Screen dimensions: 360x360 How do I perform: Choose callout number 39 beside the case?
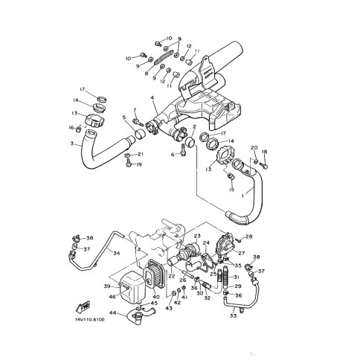pos(107,285)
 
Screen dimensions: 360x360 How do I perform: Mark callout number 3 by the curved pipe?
pos(73,143)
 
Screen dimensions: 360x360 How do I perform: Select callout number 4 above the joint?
pos(152,97)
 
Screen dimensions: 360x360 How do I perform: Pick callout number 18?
pos(264,152)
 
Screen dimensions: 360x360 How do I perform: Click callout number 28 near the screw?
pos(250,237)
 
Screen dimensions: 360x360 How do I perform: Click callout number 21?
pos(141,154)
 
